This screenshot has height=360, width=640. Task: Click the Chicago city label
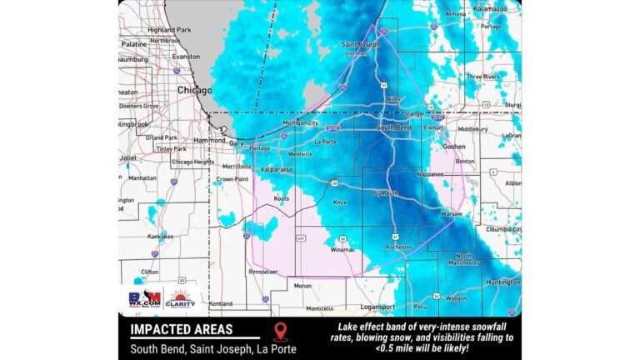(x=194, y=89)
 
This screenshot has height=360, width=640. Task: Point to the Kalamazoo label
(x=490, y=7)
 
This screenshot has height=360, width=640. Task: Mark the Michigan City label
(x=301, y=122)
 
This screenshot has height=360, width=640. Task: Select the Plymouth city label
(x=385, y=192)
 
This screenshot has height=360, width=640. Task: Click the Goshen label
(x=453, y=146)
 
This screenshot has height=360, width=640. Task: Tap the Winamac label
(x=342, y=249)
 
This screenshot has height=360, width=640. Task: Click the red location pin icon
(x=279, y=332)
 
